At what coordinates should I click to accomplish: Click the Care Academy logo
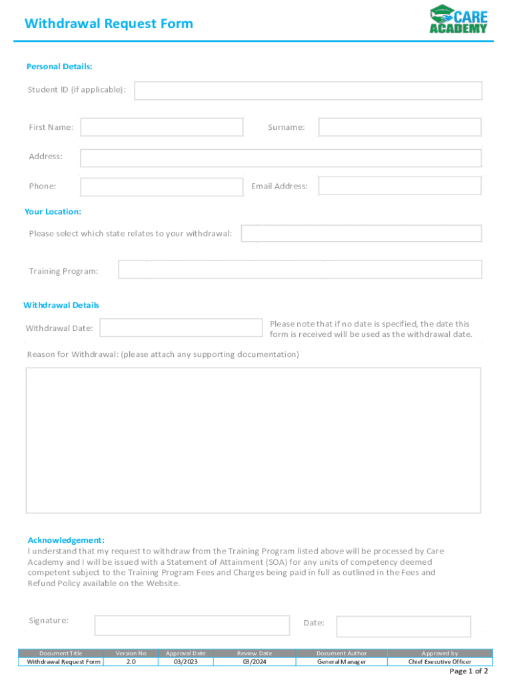point(458,19)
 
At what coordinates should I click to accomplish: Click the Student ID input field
point(308,91)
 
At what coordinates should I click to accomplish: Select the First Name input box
point(162,127)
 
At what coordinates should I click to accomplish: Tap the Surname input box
point(399,127)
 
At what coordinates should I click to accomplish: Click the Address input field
point(280,158)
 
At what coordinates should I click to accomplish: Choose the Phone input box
point(162,186)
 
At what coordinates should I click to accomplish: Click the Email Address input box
point(399,186)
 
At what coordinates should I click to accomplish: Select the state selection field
point(360,234)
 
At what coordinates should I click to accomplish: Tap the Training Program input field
point(300,270)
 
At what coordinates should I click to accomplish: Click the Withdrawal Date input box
point(181,328)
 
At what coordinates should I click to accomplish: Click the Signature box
point(192,625)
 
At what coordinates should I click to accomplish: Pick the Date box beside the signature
point(403,626)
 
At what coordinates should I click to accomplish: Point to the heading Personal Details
point(59,67)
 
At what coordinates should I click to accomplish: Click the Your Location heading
point(53,212)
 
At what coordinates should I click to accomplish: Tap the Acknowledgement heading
point(66,540)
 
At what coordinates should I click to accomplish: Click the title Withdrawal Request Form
point(109,24)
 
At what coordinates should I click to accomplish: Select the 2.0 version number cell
point(131,662)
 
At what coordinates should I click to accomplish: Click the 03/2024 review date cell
point(255,662)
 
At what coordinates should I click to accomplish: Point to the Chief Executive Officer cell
point(440,662)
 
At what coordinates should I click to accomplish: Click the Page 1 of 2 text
point(469,671)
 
